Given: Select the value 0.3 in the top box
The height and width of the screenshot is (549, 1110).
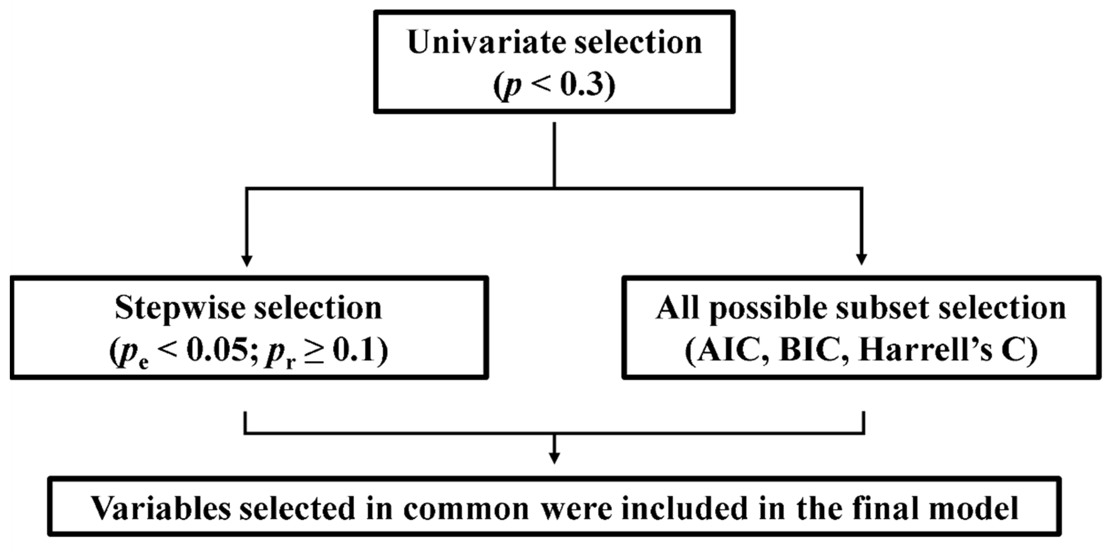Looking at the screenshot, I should [x=582, y=85].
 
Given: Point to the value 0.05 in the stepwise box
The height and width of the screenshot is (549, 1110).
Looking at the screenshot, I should [x=220, y=351].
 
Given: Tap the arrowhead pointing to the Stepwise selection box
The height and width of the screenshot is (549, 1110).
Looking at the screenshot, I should [x=246, y=261].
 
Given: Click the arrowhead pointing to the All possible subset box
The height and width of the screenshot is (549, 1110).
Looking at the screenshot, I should [x=861, y=260].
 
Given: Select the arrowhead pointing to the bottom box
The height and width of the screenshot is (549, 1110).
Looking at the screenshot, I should [x=555, y=458].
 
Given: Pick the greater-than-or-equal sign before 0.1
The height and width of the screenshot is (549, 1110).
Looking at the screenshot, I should [x=314, y=352].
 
